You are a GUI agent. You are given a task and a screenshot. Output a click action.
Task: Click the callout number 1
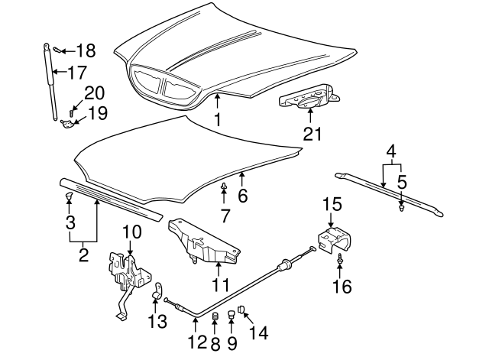[218, 120]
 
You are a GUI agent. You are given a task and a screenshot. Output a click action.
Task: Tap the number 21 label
[312, 134]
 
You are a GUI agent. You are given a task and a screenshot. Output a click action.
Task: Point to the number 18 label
[86, 51]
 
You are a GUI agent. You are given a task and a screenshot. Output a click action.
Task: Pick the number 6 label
[242, 196]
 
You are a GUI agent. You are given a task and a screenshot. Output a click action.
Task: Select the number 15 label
[330, 205]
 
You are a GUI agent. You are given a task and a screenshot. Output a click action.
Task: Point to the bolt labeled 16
[338, 263]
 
